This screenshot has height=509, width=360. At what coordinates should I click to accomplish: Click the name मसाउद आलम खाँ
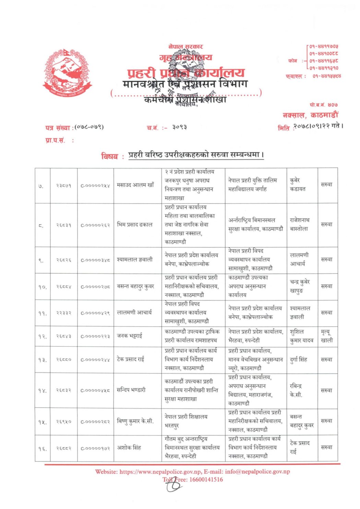(x=135, y=185)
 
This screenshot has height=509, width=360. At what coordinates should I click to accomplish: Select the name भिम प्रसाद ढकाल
(x=135, y=225)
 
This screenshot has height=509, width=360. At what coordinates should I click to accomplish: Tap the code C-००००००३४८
(x=95, y=260)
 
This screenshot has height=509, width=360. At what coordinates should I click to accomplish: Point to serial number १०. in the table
(x=43, y=287)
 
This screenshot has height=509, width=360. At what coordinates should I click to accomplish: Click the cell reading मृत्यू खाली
(x=327, y=336)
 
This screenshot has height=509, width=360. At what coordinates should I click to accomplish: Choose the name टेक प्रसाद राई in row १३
(x=131, y=359)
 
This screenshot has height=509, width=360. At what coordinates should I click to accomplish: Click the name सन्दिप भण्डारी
(x=131, y=390)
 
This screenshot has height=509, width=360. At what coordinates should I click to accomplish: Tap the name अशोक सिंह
(x=129, y=448)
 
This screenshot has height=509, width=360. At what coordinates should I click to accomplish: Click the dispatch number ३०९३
(x=180, y=127)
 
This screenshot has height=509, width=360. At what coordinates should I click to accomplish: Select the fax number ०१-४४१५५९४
(x=327, y=76)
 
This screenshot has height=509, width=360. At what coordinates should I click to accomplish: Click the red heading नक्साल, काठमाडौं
(x=310, y=115)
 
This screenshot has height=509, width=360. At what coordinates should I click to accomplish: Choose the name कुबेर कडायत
(x=298, y=185)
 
